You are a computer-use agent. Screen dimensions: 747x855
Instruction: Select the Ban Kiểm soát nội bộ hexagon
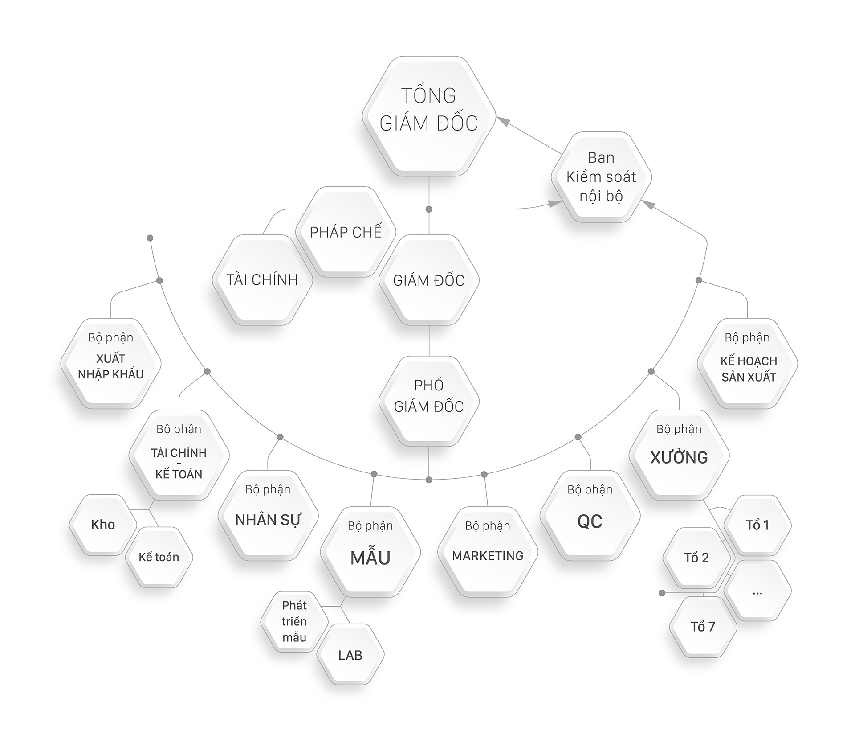[601, 177]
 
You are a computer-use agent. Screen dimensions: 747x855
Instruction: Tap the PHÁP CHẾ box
[346, 232]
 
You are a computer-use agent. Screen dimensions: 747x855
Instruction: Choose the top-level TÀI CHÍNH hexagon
[262, 280]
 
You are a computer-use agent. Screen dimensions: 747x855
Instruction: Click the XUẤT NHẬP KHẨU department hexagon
[110, 363]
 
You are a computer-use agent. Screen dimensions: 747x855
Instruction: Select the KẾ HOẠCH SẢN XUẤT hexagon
[747, 363]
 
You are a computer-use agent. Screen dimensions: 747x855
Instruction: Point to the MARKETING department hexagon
[488, 551]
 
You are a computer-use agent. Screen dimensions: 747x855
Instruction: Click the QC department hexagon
[590, 516]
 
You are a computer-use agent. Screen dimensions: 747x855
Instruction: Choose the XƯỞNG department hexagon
[679, 455]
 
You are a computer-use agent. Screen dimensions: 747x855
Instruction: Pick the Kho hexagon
[103, 525]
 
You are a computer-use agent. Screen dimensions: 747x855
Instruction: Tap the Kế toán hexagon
[159, 557]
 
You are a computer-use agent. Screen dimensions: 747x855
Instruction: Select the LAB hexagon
[350, 655]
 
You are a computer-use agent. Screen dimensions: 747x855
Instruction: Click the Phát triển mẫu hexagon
[294, 622]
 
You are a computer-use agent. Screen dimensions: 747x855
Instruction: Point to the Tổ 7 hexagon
[703, 627]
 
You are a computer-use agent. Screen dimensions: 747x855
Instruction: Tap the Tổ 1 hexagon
[757, 525]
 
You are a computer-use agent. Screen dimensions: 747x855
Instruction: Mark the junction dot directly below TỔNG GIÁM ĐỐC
[429, 209]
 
